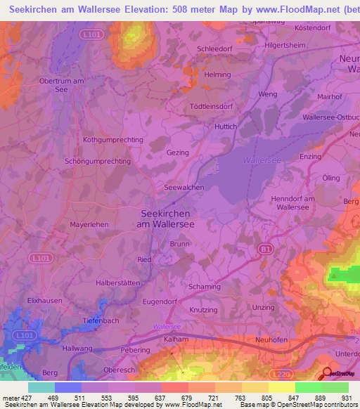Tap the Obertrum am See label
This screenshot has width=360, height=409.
(x=63, y=85)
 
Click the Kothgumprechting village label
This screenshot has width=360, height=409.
(x=112, y=140)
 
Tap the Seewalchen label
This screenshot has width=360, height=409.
(x=184, y=188)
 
